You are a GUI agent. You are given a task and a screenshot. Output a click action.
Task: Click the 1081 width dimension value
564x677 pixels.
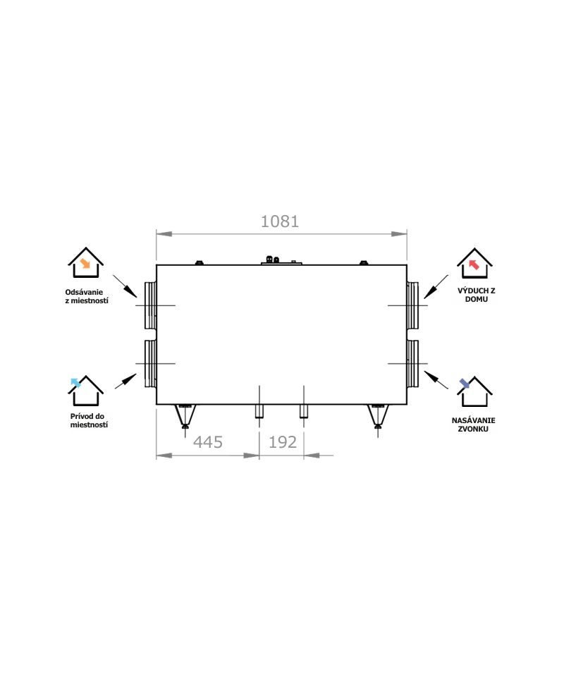click(280, 221)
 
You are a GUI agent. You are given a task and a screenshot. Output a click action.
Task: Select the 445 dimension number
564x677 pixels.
click(207, 442)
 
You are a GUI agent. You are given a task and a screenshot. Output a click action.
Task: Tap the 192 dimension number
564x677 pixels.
click(283, 442)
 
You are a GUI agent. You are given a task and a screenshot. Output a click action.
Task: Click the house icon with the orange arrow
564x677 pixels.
click(85, 262)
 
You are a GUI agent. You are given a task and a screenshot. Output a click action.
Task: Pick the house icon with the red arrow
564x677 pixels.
click(474, 263)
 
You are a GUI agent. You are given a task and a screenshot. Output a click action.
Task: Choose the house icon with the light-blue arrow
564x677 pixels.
click(85, 391)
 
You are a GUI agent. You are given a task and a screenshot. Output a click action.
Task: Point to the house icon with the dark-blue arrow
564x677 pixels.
click(474, 391)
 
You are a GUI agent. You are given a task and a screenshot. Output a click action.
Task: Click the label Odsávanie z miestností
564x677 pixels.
click(86, 296)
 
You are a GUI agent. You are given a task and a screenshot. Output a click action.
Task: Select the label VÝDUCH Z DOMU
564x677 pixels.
click(477, 295)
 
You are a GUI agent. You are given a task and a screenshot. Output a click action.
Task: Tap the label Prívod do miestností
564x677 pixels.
click(89, 420)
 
